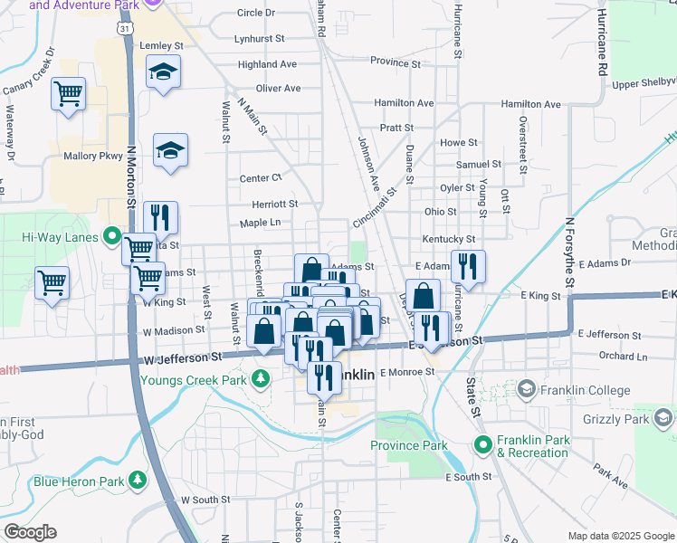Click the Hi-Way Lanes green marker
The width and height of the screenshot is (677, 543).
112,237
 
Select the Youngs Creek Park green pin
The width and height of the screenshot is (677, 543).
262,376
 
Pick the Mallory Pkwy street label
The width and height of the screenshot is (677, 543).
92,156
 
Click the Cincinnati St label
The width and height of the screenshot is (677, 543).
376,207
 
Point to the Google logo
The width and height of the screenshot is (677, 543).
29,532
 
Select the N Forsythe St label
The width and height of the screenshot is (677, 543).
570,252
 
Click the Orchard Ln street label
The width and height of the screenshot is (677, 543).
623,356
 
